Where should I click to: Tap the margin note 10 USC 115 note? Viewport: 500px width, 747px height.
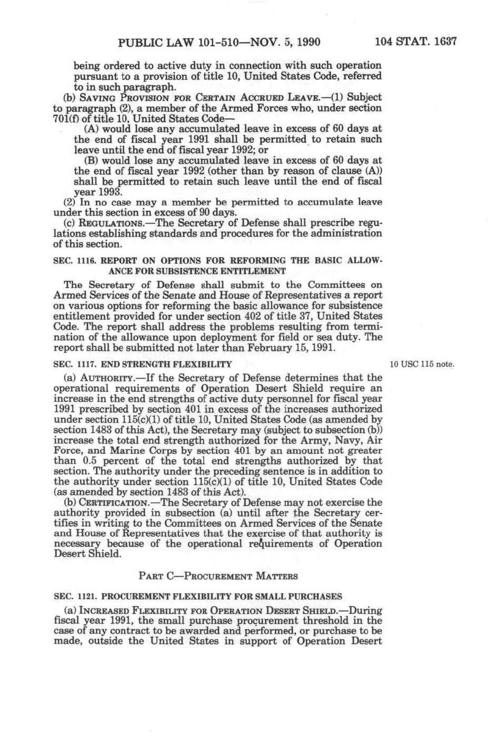[422, 364]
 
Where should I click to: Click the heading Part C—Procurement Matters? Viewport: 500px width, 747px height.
[218, 575]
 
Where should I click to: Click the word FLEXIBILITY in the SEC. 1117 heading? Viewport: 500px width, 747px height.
[204, 364]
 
